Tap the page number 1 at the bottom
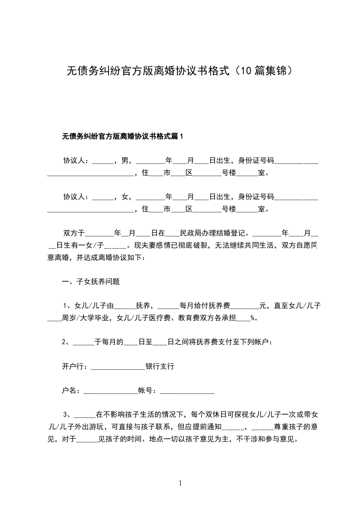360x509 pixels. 180,483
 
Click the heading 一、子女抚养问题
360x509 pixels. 91,281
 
